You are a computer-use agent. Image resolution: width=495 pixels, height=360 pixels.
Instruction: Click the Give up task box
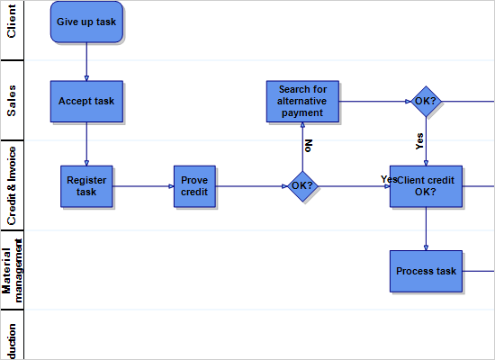tap(86, 22)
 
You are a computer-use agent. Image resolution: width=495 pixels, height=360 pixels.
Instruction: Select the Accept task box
tap(86, 101)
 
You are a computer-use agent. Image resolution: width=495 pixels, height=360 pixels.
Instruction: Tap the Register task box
tap(86, 186)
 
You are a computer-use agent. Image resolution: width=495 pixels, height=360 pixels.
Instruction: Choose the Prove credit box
tap(194, 186)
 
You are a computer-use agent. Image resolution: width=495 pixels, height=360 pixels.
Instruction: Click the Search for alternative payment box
tap(302, 101)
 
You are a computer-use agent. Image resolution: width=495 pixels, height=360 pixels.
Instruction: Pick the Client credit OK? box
tap(426, 186)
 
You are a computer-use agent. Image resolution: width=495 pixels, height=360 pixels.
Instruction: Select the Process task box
tap(426, 271)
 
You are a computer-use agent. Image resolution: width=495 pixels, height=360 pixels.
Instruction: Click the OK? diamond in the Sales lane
tap(426, 101)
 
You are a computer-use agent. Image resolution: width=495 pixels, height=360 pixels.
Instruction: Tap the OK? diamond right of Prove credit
tap(302, 186)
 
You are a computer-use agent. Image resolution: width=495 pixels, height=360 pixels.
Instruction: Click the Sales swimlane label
tap(12, 101)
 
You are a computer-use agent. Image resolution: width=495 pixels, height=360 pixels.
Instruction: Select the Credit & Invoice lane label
tap(12, 185)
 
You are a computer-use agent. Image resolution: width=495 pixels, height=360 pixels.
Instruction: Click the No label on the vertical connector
tap(309, 144)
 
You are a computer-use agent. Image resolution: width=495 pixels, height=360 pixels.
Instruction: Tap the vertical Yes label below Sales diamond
tap(419, 140)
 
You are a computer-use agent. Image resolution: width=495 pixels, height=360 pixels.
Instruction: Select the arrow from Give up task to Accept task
tap(86, 61)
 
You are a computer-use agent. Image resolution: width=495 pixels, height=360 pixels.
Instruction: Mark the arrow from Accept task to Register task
tap(86, 142)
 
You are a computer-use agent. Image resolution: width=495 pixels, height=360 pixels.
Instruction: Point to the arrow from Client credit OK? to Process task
tap(426, 229)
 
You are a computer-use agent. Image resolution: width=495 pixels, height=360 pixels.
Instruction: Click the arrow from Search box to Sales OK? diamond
tap(373, 101)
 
